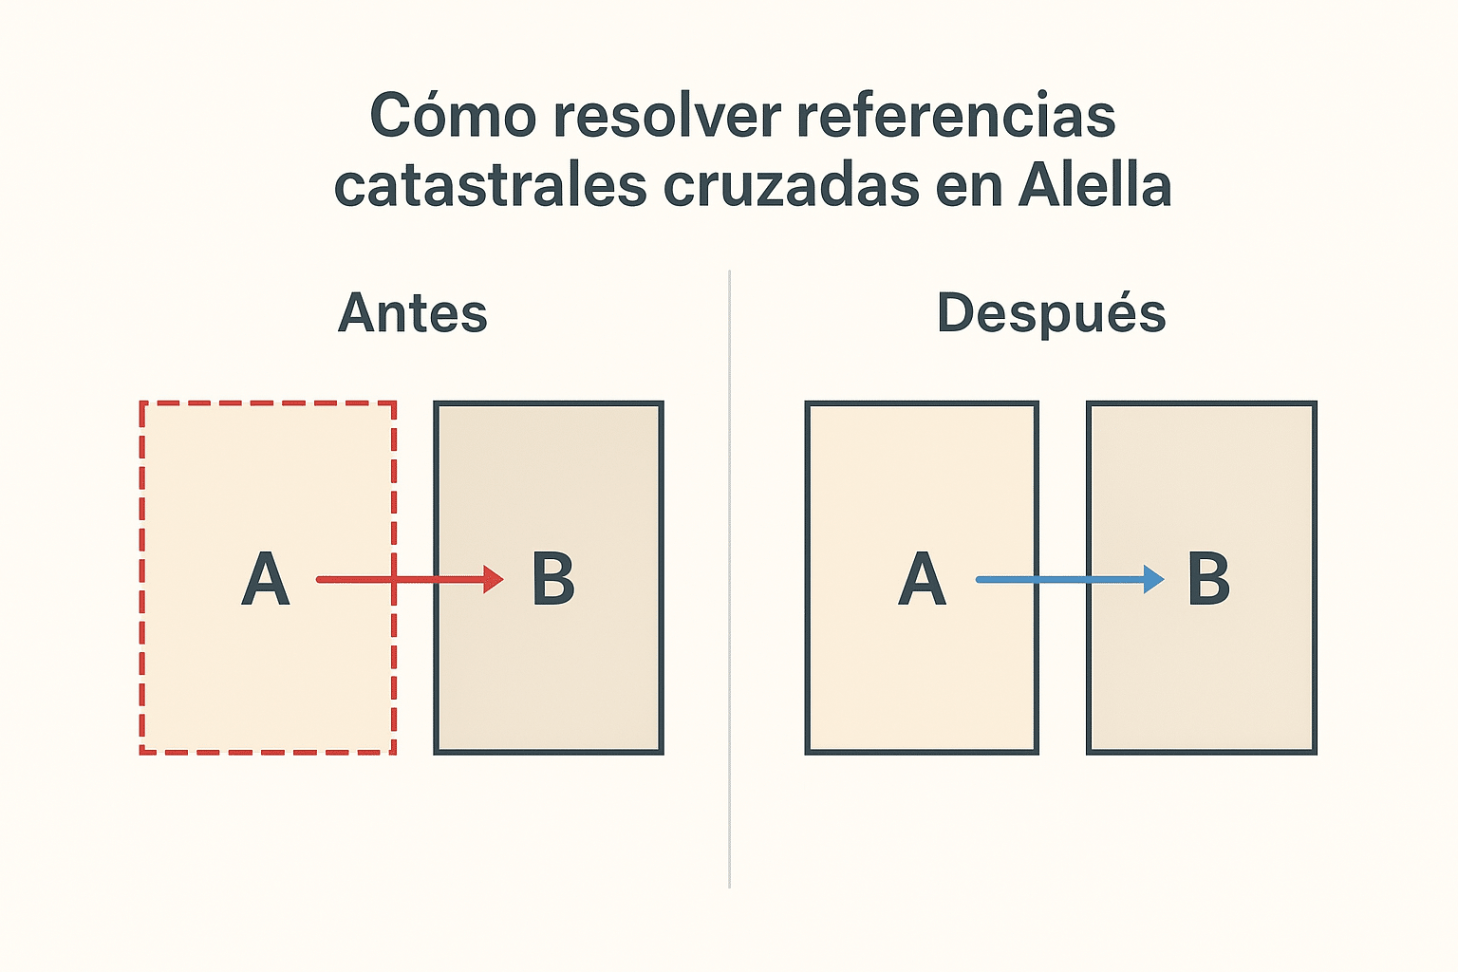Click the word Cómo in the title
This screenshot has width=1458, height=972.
tap(453, 116)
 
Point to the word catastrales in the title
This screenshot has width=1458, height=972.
tap(490, 185)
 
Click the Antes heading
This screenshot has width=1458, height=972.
tap(413, 313)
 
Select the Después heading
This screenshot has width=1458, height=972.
tap(1051, 313)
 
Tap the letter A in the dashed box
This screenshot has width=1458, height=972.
tap(265, 579)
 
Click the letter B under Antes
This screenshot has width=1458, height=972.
tap(552, 579)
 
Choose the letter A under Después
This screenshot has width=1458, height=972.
tap(922, 579)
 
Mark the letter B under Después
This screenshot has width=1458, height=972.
tap(1208, 579)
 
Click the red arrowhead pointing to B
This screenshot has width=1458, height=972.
tap(494, 579)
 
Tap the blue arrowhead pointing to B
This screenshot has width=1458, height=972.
tap(1153, 579)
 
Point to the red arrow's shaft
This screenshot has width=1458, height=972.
tap(399, 579)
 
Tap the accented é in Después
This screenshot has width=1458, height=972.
tap(1146, 313)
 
